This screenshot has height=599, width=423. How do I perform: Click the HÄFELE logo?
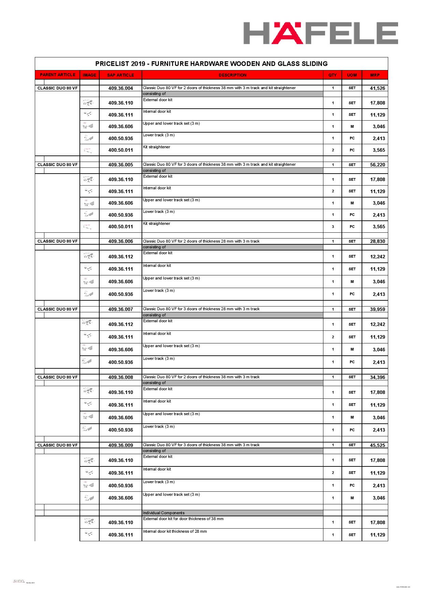pyautogui.click(x=320, y=33)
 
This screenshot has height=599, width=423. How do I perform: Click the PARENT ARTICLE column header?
pyautogui.click(x=57, y=75)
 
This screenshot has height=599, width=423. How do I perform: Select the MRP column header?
pyautogui.click(x=375, y=75)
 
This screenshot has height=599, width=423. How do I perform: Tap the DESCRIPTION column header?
pyautogui.click(x=232, y=75)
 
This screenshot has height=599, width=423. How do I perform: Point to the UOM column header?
pyautogui.click(x=352, y=75)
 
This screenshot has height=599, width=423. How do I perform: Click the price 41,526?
pyautogui.click(x=377, y=88)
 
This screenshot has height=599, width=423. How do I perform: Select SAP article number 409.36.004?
pyautogui.click(x=120, y=88)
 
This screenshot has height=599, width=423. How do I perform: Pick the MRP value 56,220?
pyautogui.click(x=377, y=165)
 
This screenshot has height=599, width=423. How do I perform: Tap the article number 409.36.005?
pyautogui.click(x=120, y=165)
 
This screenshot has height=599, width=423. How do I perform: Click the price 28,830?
pyautogui.click(x=377, y=241)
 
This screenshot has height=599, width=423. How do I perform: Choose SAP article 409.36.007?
pyautogui.click(x=120, y=309)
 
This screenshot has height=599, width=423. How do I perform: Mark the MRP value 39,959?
pyautogui.click(x=377, y=309)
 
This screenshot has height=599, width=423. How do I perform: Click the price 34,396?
pyautogui.click(x=377, y=377)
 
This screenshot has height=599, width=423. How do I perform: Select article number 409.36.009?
pyautogui.click(x=120, y=445)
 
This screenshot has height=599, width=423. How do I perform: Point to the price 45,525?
pyautogui.click(x=377, y=445)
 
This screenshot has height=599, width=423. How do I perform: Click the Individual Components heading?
pyautogui.click(x=164, y=513)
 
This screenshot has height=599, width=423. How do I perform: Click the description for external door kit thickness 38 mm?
pyautogui.click(x=183, y=519)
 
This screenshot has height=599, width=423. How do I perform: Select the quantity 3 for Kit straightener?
pyautogui.click(x=333, y=227)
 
